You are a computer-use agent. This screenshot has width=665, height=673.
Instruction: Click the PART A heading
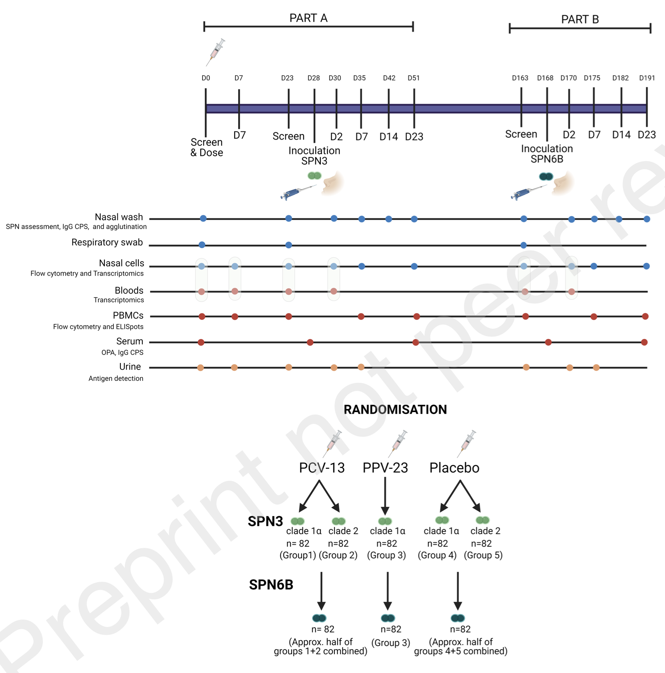click(308, 18)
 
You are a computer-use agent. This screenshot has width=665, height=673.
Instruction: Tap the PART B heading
click(580, 19)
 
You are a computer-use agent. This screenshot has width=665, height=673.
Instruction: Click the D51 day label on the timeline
click(414, 78)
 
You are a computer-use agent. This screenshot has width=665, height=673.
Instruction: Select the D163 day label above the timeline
click(520, 78)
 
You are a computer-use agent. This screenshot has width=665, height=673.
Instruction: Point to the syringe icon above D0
click(216, 52)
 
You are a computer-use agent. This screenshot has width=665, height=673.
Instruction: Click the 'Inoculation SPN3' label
click(314, 156)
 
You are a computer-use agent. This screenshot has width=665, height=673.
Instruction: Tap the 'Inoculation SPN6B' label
click(547, 154)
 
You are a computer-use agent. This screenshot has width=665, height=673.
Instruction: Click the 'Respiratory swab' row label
click(107, 243)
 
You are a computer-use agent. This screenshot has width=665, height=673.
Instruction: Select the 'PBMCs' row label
click(128, 315)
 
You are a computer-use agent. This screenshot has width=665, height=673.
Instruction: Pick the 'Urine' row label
click(130, 367)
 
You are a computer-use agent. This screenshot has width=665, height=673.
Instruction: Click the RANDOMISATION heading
click(395, 409)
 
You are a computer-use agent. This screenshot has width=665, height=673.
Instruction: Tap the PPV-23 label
click(385, 468)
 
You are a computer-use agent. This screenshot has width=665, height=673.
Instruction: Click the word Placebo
click(454, 468)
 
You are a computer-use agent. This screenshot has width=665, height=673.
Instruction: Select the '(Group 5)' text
click(483, 555)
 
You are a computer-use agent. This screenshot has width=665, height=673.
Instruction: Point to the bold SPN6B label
click(271, 585)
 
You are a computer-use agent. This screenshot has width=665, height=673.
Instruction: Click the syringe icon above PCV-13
click(332, 444)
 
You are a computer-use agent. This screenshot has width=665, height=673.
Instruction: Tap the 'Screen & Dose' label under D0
click(207, 147)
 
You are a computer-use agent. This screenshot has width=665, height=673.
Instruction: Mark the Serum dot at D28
click(310, 342)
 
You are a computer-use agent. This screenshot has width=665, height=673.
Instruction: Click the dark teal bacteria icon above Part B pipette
click(546, 177)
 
